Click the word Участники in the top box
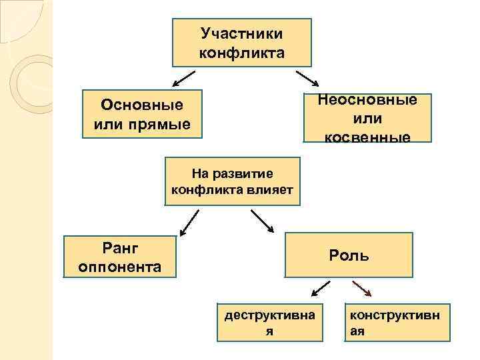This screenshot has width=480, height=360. click(x=241, y=33)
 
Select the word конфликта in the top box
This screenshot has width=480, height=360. click(x=241, y=53)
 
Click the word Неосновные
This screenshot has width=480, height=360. click(x=367, y=100)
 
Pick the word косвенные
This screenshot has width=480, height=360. click(x=367, y=137)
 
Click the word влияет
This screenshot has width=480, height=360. click(x=273, y=190)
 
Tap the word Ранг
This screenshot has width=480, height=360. click(x=120, y=248)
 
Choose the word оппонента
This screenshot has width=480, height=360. click(x=120, y=267)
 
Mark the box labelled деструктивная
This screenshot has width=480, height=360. click(x=269, y=321)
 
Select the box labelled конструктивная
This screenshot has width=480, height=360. click(x=398, y=321)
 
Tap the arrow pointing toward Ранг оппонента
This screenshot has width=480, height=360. click(x=189, y=223)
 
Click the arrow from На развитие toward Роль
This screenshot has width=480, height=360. click(x=262, y=221)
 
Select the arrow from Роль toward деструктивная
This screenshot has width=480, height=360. click(x=321, y=288)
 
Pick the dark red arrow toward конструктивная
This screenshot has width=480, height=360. click(x=362, y=288)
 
